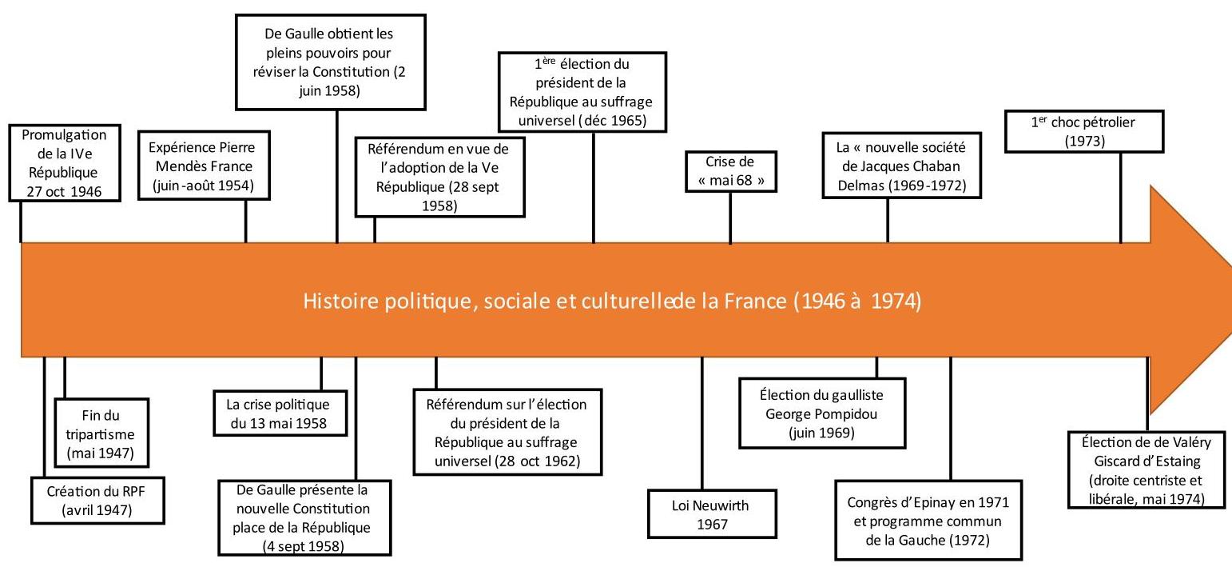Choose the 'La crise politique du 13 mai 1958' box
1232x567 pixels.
(x=280, y=413)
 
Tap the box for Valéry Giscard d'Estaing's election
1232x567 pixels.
(x=1147, y=469)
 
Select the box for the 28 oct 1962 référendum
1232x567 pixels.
(x=507, y=432)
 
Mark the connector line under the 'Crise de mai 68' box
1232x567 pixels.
(x=730, y=218)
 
